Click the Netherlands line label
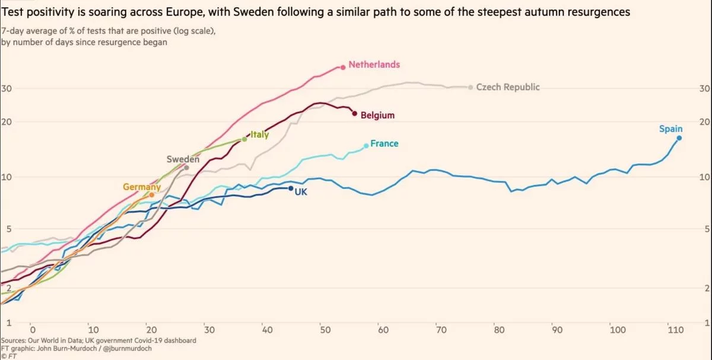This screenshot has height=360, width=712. (374, 65)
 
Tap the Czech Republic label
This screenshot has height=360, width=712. (508, 87)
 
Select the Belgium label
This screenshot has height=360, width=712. (377, 116)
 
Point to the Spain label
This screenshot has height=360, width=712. (670, 129)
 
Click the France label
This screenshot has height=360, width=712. (384, 144)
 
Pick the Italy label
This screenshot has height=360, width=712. (260, 135)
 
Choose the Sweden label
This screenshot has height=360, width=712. (183, 159)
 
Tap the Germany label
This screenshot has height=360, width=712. (142, 187)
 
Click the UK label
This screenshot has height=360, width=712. (301, 192)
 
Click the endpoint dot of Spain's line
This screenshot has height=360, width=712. (679, 138)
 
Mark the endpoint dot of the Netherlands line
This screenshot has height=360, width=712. (343, 67)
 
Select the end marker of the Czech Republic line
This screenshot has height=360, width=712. (471, 87)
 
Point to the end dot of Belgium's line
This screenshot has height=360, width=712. (354, 113)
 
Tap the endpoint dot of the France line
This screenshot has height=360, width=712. (366, 145)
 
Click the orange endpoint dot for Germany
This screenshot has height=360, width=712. (152, 195)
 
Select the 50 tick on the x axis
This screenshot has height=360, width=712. (322, 330)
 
